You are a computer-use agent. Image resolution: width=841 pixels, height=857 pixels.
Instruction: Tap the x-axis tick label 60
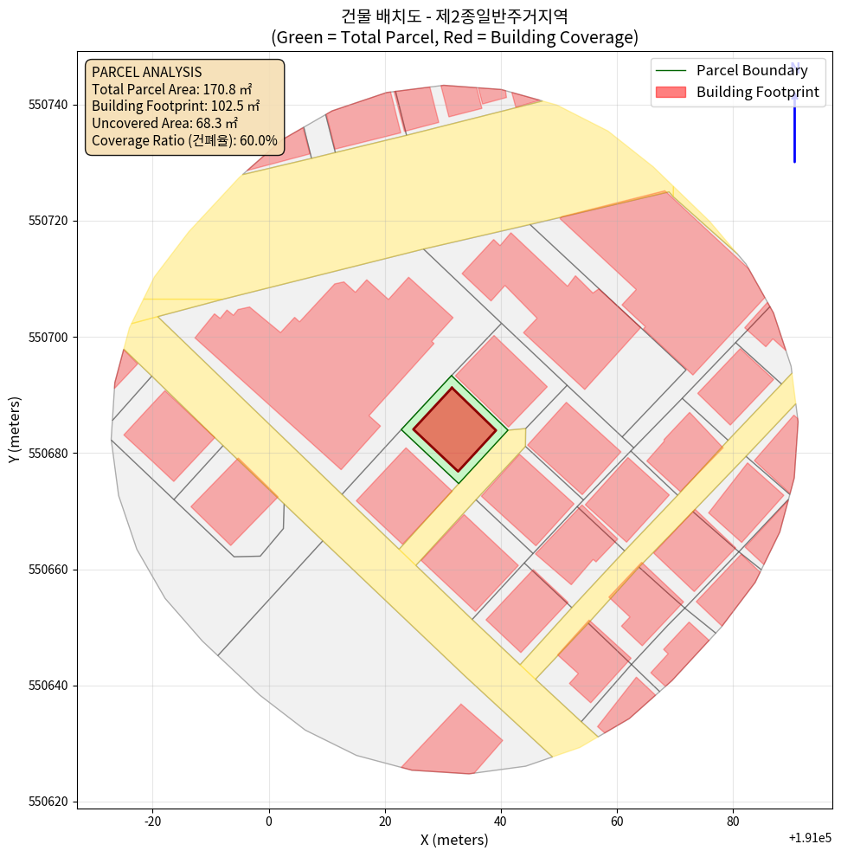(617, 821)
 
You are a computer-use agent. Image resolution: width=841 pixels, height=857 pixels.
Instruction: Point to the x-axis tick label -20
(152, 821)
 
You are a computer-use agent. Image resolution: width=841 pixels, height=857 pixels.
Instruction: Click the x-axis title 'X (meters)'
(454, 840)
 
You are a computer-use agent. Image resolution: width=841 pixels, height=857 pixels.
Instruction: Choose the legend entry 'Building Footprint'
(757, 92)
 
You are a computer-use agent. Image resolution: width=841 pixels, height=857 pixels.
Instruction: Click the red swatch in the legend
(671, 92)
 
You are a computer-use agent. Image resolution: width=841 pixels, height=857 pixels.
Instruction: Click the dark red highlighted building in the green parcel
(454, 428)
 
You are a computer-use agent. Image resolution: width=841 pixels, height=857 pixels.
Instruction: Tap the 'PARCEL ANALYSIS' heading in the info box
(146, 72)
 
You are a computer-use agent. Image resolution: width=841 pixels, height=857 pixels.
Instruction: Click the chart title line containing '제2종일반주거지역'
(454, 16)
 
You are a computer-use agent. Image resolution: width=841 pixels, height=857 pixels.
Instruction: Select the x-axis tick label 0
(269, 821)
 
